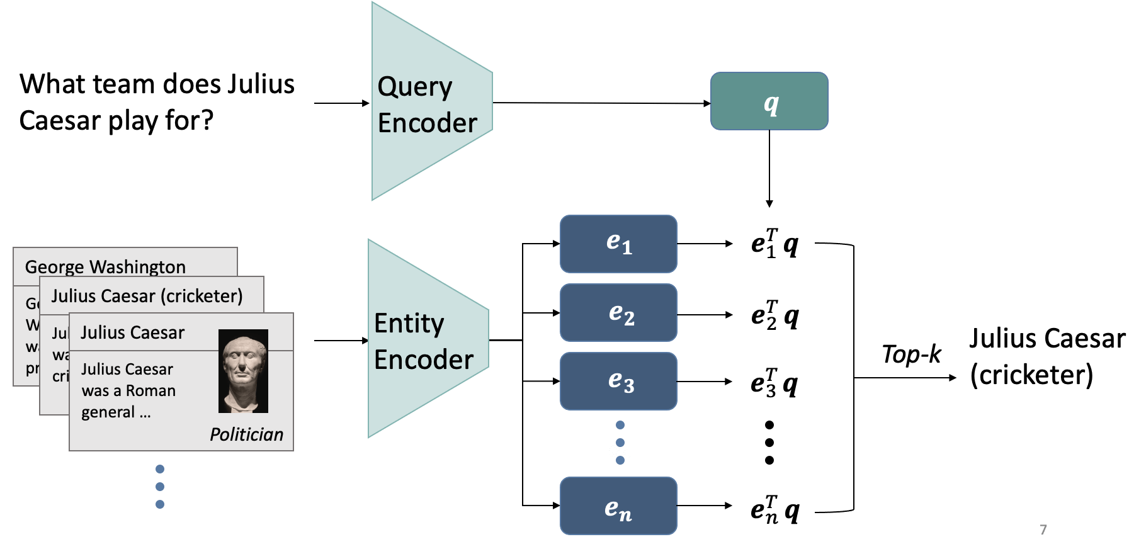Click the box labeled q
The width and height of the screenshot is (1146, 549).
tap(769, 101)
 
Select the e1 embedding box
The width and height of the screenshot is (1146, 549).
tap(618, 244)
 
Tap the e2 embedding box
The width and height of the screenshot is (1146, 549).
tap(618, 313)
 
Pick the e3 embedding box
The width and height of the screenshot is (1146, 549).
tap(618, 381)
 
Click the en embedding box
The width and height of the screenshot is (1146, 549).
tap(618, 506)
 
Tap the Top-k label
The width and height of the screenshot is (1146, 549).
tap(911, 354)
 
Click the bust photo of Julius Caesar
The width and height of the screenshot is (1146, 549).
tap(243, 371)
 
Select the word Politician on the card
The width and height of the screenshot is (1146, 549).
tap(246, 434)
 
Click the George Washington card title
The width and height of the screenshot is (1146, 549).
tap(105, 266)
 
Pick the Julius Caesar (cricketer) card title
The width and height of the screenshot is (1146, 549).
tap(147, 296)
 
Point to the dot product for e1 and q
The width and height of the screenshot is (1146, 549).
tap(774, 244)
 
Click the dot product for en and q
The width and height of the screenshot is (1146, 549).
tap(774, 511)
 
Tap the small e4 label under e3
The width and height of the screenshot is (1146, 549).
tap(619, 451)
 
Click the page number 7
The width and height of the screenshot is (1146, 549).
tap(1043, 529)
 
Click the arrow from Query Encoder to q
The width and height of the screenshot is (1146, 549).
tap(601, 103)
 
